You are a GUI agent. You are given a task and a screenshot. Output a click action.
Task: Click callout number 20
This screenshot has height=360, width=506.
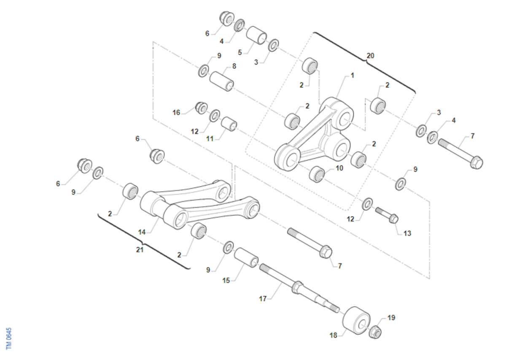click(370, 56)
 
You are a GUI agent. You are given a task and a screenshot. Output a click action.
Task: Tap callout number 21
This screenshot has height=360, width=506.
click(140, 250)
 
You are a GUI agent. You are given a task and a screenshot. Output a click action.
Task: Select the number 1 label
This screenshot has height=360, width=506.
click(353, 75)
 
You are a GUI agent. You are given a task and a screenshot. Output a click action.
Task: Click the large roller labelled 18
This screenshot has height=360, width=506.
click(356, 320)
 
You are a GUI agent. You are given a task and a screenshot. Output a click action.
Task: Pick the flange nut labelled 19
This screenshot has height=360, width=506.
click(375, 333)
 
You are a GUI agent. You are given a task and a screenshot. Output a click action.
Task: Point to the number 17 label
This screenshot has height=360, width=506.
click(263, 299)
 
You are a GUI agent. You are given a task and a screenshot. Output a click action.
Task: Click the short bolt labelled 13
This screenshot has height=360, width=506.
click(387, 215)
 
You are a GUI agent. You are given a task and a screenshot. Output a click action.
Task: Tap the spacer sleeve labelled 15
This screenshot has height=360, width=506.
click(246, 257)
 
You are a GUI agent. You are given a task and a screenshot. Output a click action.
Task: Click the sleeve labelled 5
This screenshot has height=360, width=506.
click(256, 35)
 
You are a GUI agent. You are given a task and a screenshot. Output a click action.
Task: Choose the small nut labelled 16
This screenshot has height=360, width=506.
click(201, 108)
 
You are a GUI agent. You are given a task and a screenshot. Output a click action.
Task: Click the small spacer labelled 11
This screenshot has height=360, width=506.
click(229, 124)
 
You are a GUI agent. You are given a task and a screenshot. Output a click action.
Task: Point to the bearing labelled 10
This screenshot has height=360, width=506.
click(317, 174)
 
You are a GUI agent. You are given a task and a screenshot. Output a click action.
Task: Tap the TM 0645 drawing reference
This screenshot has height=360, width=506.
click(9, 338)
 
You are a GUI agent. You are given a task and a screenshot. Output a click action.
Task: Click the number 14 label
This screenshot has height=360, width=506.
click(142, 232)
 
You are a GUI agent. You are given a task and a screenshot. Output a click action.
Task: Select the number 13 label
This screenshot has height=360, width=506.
click(407, 233)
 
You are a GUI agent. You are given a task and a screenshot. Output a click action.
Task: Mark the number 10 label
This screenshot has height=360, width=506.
click(339, 168)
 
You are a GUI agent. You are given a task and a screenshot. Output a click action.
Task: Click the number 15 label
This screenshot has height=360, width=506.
click(226, 280)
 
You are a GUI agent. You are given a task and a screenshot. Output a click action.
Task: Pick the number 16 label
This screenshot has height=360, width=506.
click(176, 112)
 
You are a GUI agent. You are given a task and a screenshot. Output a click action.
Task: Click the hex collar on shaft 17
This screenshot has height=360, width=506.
click(297, 287)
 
